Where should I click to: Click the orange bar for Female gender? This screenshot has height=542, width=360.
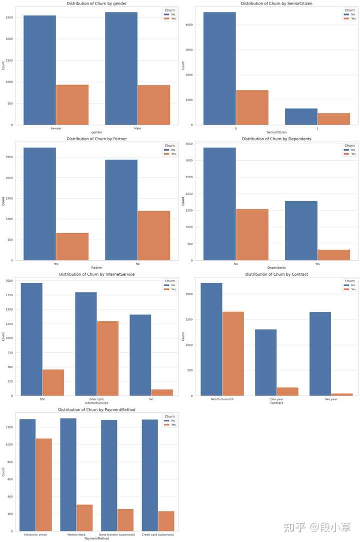pyautogui.click(x=72, y=105)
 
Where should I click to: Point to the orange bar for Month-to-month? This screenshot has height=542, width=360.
pyautogui.click(x=233, y=353)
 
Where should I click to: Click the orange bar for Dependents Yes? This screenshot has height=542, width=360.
pyautogui.click(x=334, y=255)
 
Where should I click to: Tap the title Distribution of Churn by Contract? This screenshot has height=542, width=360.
pyautogui.click(x=276, y=274)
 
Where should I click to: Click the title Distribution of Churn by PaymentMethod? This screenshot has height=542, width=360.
pyautogui.click(x=97, y=410)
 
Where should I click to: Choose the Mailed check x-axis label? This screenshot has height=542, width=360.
pyautogui.click(x=76, y=534)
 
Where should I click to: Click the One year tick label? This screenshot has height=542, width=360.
pyautogui.click(x=276, y=399)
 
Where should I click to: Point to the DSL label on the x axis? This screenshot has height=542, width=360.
pyautogui.click(x=42, y=399)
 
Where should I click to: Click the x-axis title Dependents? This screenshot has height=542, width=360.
pyautogui.click(x=276, y=268)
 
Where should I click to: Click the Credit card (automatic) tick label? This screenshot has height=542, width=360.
pyautogui.click(x=158, y=534)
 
